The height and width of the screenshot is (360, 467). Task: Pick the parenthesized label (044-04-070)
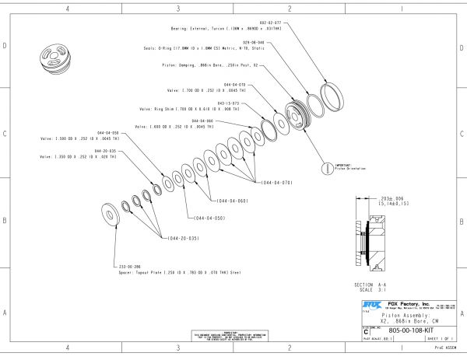[x=272, y=182]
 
